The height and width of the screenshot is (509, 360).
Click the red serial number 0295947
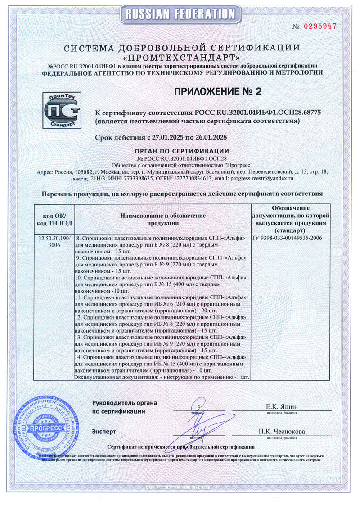point(320,26)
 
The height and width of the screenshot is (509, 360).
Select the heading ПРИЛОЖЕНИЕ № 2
point(217,92)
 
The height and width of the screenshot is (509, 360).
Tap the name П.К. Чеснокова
point(282,432)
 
